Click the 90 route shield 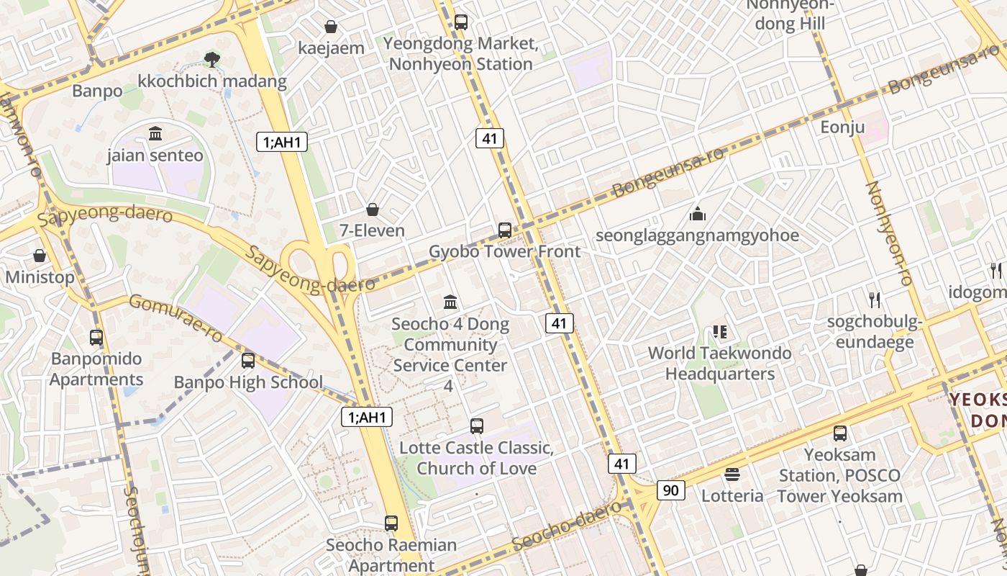(670, 490)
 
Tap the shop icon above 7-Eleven (373, 210)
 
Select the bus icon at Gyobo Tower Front (505, 230)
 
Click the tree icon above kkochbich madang (211, 59)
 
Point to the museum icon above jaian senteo (155, 133)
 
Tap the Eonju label (842, 127)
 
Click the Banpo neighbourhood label (97, 91)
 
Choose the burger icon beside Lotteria (732, 474)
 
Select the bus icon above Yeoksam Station (840, 433)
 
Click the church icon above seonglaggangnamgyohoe (697, 214)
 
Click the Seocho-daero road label (569, 526)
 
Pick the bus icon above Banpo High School (248, 361)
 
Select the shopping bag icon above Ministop (40, 256)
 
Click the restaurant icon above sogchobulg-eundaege (875, 300)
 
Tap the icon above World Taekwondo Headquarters (719, 332)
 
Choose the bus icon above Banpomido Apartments (96, 337)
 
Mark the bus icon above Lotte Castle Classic (477, 426)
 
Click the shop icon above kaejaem (331, 27)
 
